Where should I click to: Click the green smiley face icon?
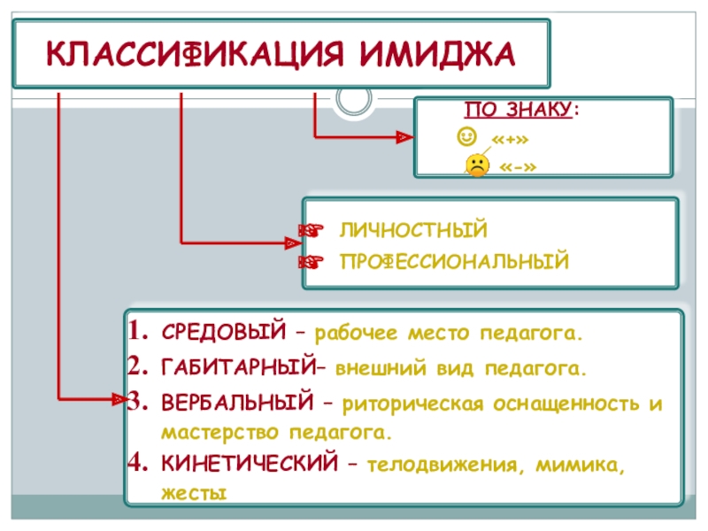pyautogui.click(x=466, y=136)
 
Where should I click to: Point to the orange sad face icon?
pyautogui.click(x=476, y=165)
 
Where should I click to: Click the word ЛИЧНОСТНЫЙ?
pyautogui.click(x=412, y=231)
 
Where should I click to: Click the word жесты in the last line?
pyautogui.click(x=194, y=493)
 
